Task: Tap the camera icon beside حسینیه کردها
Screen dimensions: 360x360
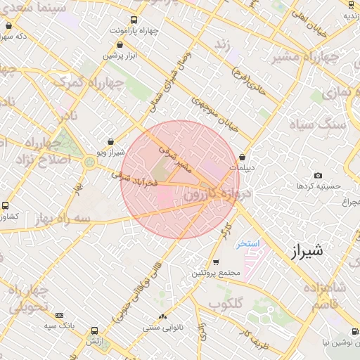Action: [x=318, y=175]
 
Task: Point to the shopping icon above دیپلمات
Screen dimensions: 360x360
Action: [x=243, y=157]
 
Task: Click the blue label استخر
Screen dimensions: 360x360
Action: [x=247, y=243]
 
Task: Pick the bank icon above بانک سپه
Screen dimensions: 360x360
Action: [x=59, y=315]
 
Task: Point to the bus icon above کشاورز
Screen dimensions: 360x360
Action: [x=6, y=206]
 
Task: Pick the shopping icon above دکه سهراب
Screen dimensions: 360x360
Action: [x=8, y=25]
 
